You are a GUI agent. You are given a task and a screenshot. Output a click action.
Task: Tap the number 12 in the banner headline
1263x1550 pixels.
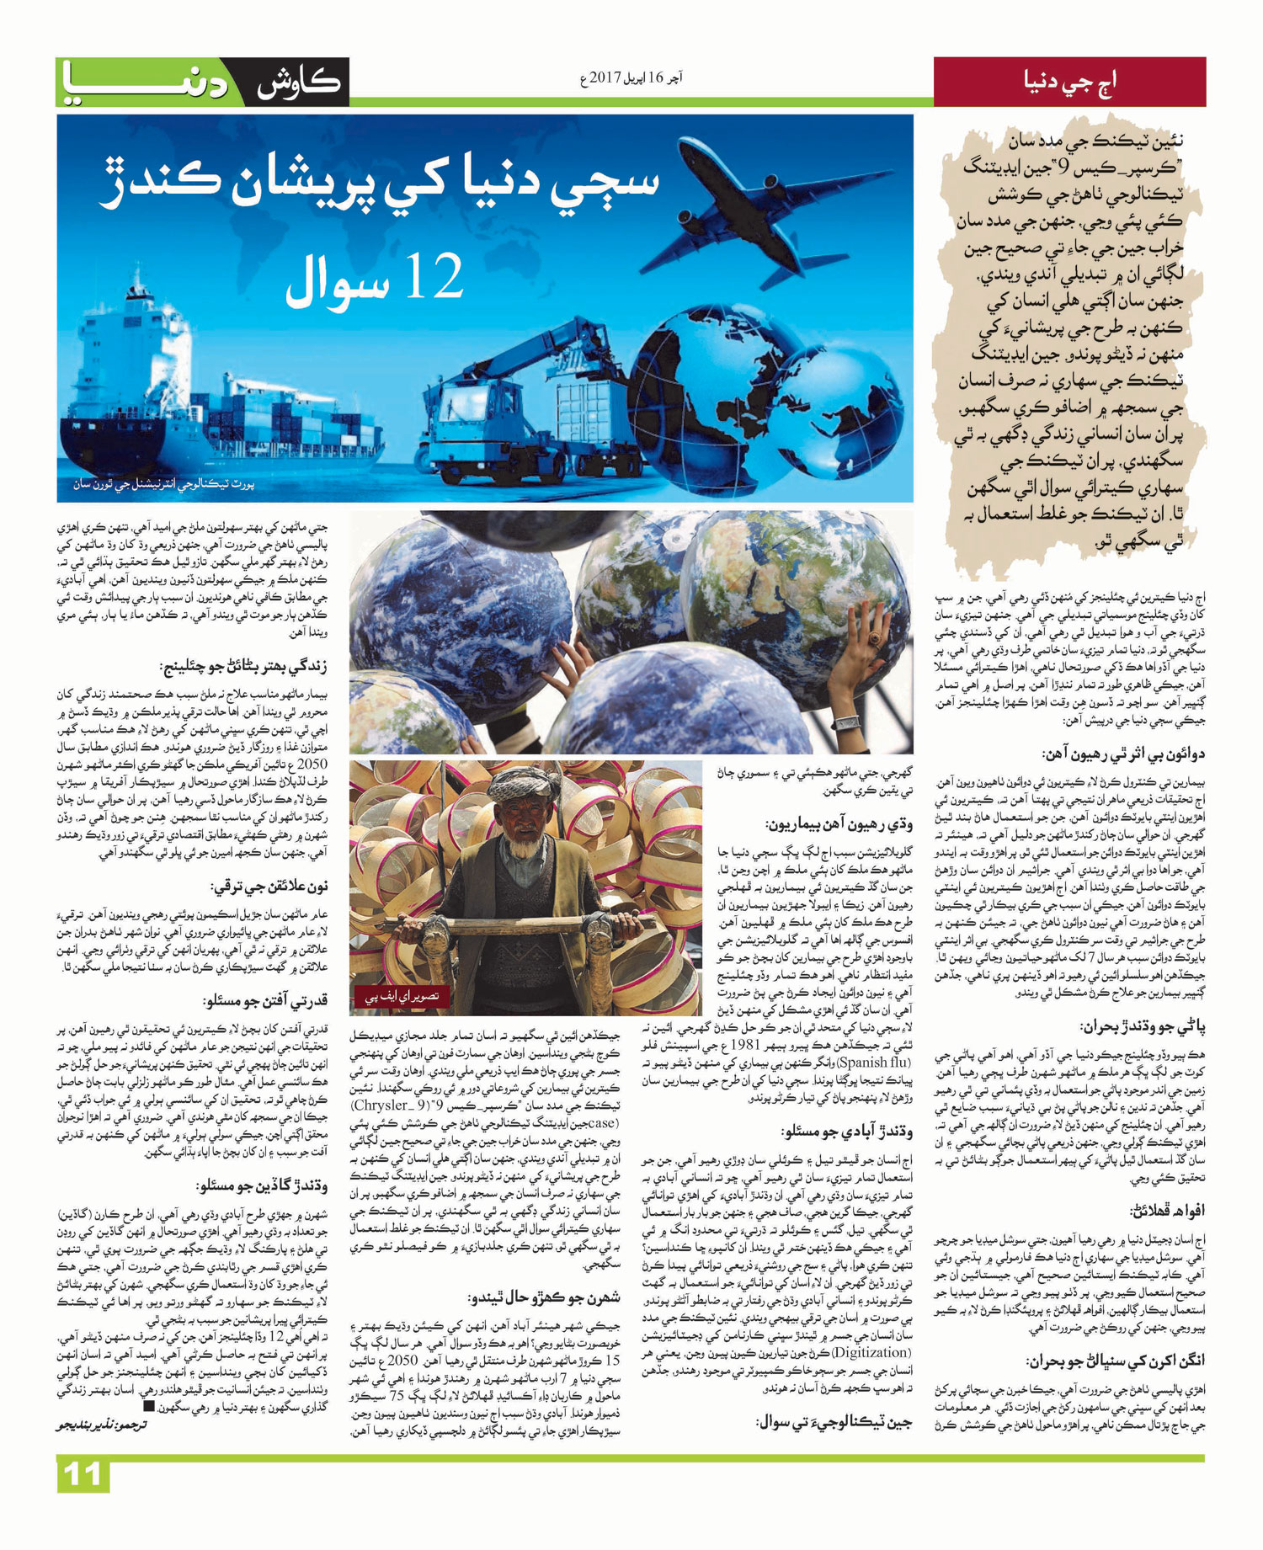[x=434, y=277]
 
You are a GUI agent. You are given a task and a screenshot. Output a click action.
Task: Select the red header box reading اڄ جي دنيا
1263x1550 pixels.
[x=1069, y=82]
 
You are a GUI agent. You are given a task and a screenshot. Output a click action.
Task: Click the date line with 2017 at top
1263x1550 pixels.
[x=631, y=79]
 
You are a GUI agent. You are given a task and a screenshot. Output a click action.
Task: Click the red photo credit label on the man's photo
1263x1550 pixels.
[x=402, y=997]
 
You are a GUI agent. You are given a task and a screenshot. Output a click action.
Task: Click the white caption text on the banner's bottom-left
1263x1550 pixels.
[x=163, y=484]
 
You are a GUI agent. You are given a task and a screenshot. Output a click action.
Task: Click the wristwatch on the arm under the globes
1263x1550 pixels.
[x=845, y=722]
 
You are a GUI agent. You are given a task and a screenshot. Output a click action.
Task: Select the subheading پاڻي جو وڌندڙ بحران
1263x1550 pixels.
[x=1143, y=1027]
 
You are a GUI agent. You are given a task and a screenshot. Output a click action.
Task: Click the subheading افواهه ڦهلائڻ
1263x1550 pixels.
[x=1168, y=1211]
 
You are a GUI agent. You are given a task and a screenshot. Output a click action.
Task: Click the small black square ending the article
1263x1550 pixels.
[x=149, y=1405]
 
